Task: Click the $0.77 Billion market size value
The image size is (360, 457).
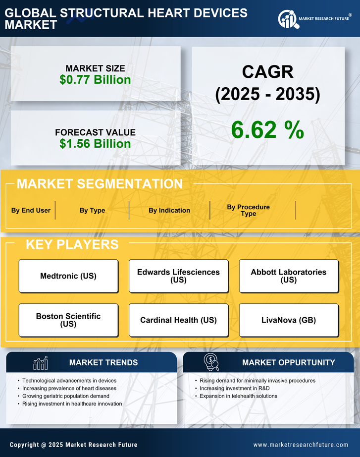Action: click(95, 80)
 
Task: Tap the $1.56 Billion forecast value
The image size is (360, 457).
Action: click(95, 144)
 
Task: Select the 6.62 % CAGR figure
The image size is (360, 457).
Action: click(267, 130)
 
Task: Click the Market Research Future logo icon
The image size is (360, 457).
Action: click(288, 19)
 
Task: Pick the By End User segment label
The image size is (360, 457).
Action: click(31, 210)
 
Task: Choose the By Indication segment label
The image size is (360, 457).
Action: click(169, 210)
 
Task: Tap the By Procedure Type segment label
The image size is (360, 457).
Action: click(248, 210)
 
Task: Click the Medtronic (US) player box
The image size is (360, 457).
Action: click(68, 276)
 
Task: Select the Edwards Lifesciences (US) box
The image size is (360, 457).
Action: click(178, 276)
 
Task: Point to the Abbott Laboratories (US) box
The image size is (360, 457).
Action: click(289, 276)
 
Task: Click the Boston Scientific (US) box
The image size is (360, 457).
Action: click(68, 320)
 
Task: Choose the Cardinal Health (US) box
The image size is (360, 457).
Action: click(178, 320)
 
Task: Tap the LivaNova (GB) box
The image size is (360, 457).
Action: click(289, 320)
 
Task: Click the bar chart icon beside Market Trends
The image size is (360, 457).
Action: click(40, 363)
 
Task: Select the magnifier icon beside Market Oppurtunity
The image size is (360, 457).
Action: click(211, 362)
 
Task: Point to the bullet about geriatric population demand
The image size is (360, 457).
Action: click(66, 396)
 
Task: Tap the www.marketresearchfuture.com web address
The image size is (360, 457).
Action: click(301, 445)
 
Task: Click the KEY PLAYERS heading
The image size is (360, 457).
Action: click(72, 244)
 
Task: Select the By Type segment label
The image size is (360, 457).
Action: click(92, 210)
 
